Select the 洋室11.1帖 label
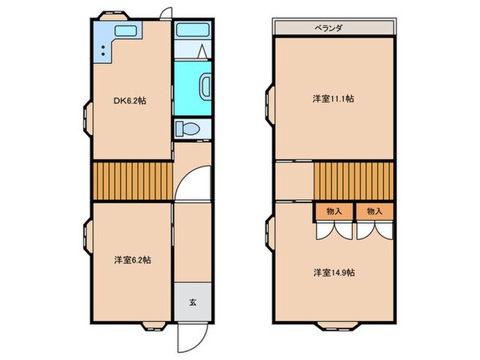tap(334, 98)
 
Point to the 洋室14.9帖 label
tap(334, 272)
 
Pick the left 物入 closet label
tap(334, 211)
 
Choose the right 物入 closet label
tap(374, 211)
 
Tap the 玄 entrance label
tap(193, 302)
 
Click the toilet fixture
tap(187, 128)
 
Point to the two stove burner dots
tap(103, 50)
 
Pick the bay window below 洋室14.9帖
tap(334, 325)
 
